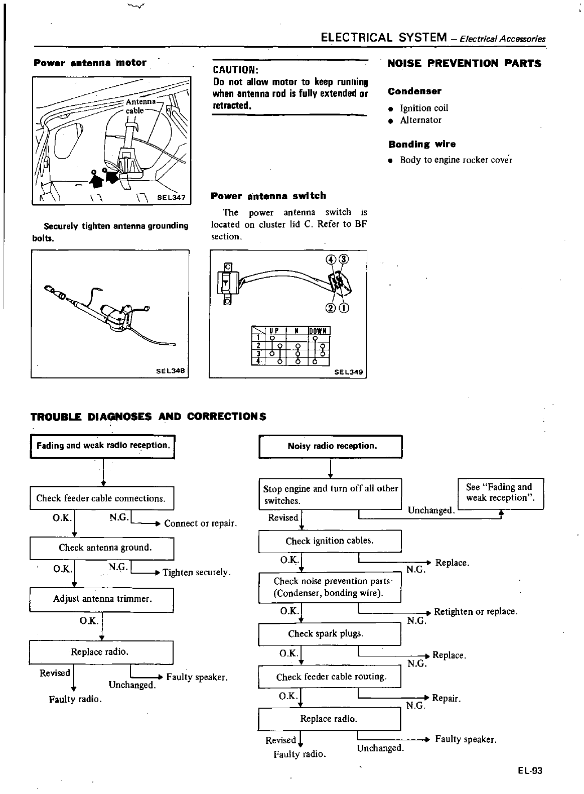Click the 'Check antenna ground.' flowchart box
101,548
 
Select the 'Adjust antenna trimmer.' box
101,599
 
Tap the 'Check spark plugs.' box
330,634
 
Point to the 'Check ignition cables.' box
330,541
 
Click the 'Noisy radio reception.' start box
331,446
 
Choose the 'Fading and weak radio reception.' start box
103,446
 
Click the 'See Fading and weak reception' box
501,493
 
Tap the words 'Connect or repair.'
200,523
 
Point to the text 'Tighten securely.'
197,573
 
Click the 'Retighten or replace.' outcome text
475,612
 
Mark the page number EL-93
530,771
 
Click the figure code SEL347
171,198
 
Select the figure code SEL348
171,371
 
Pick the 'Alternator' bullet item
420,120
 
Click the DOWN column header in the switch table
318,331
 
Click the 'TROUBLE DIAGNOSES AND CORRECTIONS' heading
149,417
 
